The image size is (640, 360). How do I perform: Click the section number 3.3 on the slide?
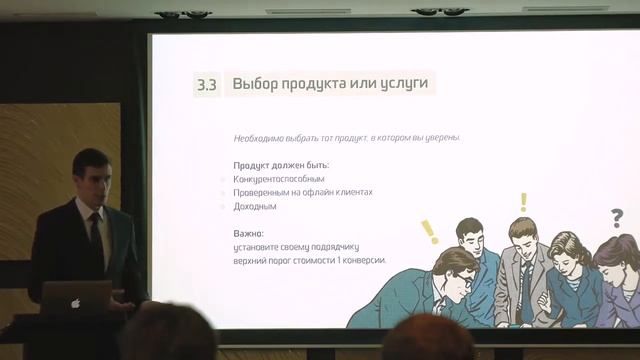point(206,84)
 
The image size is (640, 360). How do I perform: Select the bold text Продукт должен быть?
point(281,164)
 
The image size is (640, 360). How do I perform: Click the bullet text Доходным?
point(254,206)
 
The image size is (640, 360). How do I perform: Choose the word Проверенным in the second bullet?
point(262,192)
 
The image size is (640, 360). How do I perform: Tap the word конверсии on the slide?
point(361,260)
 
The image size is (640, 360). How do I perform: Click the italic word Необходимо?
point(256,137)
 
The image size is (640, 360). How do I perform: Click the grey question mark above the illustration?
point(616,217)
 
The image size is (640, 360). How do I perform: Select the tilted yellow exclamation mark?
point(430,231)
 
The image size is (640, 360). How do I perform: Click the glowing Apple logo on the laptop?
point(75,302)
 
